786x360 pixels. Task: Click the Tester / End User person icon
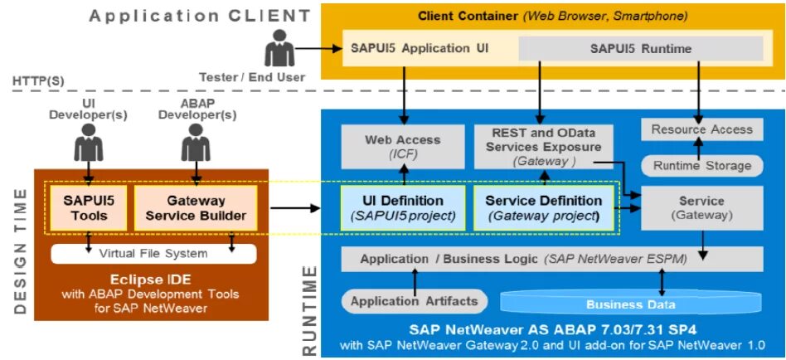click(279, 49)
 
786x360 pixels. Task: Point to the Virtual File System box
click(153, 253)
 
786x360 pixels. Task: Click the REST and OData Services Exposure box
click(544, 146)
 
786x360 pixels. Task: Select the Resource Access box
click(701, 129)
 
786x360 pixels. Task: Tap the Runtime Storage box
click(701, 166)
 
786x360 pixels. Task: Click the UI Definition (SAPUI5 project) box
click(403, 208)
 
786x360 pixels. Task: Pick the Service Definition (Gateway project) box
click(544, 208)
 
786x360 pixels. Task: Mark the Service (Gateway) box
click(701, 208)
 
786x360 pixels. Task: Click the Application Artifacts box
click(415, 301)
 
